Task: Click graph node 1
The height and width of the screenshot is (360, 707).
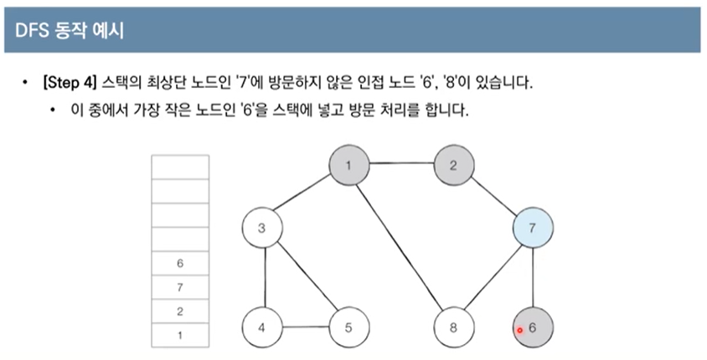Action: pos(347,164)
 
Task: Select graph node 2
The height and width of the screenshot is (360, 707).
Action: pos(453,164)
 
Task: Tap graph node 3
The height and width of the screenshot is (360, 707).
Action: pos(261,228)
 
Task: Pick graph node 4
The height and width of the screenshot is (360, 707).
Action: pos(261,327)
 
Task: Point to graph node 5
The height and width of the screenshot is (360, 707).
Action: pos(347,327)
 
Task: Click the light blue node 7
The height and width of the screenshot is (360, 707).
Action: pos(534,228)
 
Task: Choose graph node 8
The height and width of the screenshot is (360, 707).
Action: pos(453,327)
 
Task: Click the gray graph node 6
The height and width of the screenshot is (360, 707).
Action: pos(534,327)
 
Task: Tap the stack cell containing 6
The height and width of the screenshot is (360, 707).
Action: pos(179,264)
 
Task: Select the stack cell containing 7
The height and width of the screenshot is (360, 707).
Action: pos(179,288)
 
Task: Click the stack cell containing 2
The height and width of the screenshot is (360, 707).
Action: pos(179,312)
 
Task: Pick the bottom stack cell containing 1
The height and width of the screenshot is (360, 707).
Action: pos(179,336)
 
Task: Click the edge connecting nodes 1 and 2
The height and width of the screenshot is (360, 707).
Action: pos(400,164)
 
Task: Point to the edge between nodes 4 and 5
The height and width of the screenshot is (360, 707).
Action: pos(304,327)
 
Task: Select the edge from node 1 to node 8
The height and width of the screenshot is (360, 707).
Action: pos(400,246)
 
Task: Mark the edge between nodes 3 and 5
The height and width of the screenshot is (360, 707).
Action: pos(304,278)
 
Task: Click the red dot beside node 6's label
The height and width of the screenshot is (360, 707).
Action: pos(519,330)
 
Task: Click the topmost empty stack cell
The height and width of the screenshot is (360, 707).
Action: pos(179,167)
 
